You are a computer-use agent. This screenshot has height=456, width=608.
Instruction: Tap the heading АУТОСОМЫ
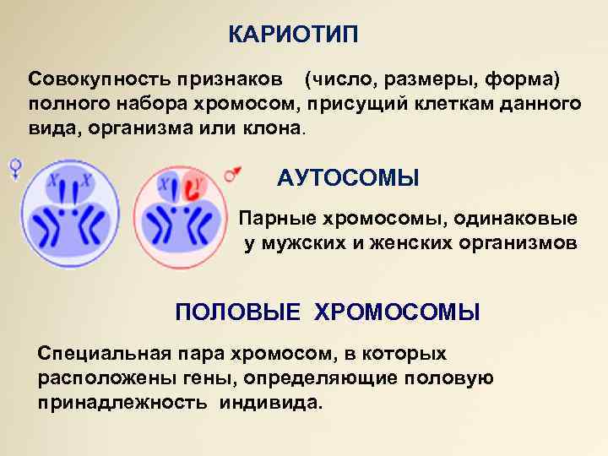tap(348, 178)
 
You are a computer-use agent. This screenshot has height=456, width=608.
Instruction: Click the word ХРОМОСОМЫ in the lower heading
tap(397, 313)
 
